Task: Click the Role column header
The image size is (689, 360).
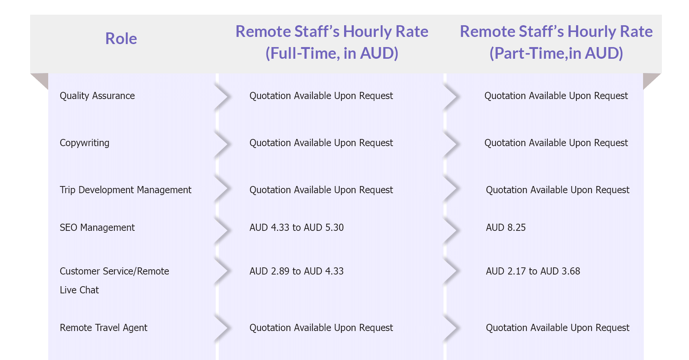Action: pyautogui.click(x=121, y=39)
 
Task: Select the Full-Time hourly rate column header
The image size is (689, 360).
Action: pyautogui.click(x=332, y=42)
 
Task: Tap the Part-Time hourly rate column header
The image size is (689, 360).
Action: pyautogui.click(x=556, y=42)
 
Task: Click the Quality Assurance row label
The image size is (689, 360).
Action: pyautogui.click(x=97, y=96)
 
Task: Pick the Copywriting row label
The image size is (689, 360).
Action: pyautogui.click(x=84, y=143)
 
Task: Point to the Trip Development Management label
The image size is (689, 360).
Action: pyautogui.click(x=125, y=190)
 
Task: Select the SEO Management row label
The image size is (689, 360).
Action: pyautogui.click(x=97, y=228)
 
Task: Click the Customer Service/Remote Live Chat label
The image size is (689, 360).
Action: pyautogui.click(x=114, y=281)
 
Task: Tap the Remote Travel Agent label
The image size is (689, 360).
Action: pyautogui.click(x=104, y=328)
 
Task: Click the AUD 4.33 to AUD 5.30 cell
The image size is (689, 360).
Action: pyautogui.click(x=297, y=228)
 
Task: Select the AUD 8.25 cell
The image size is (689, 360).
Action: pyautogui.click(x=506, y=228)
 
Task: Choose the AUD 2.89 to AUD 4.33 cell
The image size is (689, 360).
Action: pyautogui.click(x=297, y=272)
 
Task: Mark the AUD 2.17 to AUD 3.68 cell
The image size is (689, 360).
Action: pyautogui.click(x=533, y=272)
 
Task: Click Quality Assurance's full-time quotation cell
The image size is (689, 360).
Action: pyautogui.click(x=321, y=96)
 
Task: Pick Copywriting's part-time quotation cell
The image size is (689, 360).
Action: pyautogui.click(x=556, y=143)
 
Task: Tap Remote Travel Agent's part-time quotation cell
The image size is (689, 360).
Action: pyautogui.click(x=558, y=328)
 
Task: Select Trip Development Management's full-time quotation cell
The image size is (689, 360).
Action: pyautogui.click(x=321, y=190)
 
